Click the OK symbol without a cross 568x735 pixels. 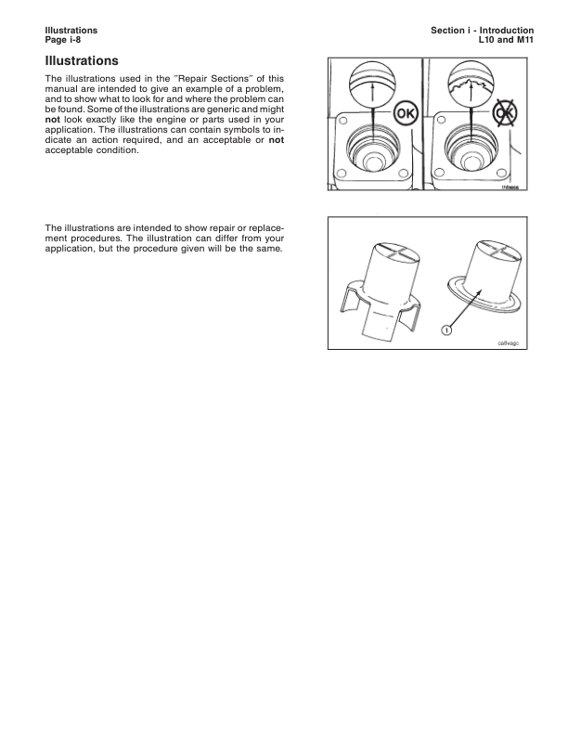pyautogui.click(x=406, y=114)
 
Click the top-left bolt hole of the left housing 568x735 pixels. pyautogui.click(x=342, y=122)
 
